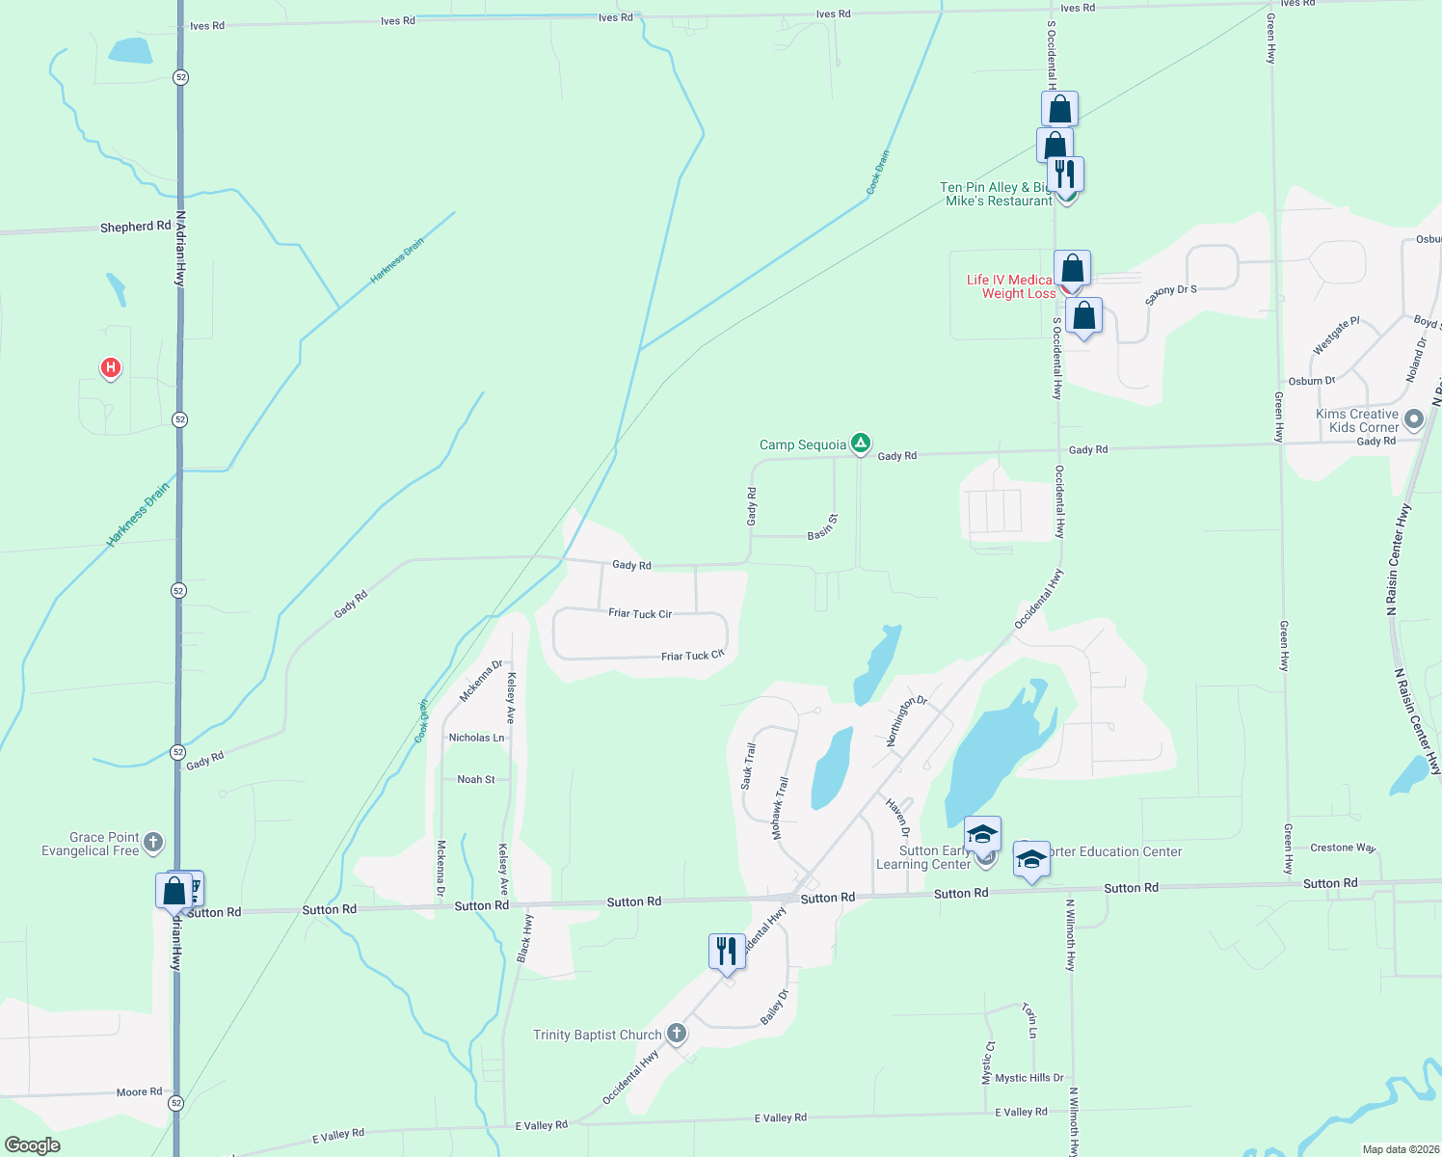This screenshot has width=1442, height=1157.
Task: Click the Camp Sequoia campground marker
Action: [x=861, y=444]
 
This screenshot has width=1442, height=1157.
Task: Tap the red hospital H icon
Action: [x=111, y=367]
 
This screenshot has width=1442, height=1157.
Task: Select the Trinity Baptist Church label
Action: [x=598, y=1035]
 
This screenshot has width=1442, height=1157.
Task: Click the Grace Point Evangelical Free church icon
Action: [x=153, y=844]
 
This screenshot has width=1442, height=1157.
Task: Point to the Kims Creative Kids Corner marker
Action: [x=1414, y=419]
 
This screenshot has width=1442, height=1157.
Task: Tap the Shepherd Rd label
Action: [x=135, y=227]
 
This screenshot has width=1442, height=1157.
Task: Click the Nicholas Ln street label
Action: [x=476, y=738]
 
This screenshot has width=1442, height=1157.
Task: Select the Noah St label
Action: [x=476, y=779]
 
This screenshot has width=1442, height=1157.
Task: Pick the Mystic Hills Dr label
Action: [x=1028, y=1078]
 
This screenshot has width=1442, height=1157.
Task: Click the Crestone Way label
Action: [x=1343, y=848]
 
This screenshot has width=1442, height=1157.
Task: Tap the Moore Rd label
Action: [x=139, y=1091]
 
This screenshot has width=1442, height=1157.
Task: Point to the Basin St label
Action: [x=822, y=527]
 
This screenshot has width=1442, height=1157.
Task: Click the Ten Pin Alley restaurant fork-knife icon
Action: [x=1065, y=175]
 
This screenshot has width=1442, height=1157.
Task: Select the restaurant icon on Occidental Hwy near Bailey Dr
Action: [x=726, y=952]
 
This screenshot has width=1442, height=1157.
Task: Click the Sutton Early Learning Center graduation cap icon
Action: [x=982, y=834]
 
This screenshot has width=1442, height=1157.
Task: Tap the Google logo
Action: [x=33, y=1144]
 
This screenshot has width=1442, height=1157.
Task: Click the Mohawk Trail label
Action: [x=780, y=808]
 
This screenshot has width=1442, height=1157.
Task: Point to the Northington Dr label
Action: [x=906, y=720]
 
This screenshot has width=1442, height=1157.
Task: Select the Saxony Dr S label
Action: [x=1170, y=295]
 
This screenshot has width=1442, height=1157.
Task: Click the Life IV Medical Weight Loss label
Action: [x=1012, y=286]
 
